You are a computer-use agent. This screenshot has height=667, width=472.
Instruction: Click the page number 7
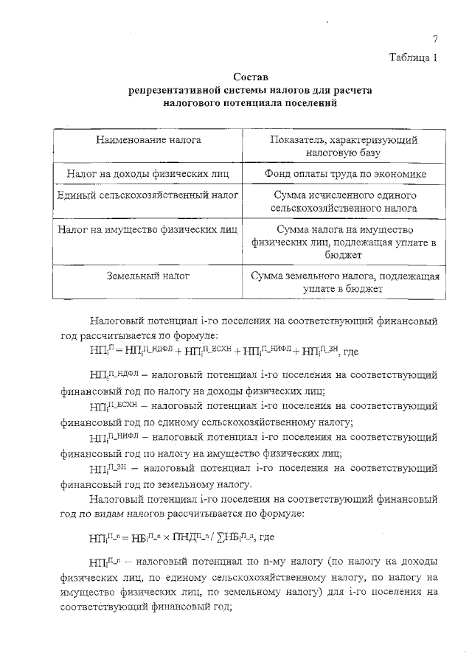pyautogui.click(x=435, y=40)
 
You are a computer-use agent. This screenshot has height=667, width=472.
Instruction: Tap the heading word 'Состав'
pyautogui.click(x=250, y=77)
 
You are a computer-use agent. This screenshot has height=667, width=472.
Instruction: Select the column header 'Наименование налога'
pyautogui.click(x=148, y=139)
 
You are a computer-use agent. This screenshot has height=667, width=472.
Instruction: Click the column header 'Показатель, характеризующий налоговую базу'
pyautogui.click(x=344, y=146)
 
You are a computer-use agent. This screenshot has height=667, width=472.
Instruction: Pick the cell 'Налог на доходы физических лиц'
pyautogui.click(x=148, y=174)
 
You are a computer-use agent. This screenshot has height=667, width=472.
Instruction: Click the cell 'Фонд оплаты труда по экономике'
pyautogui.click(x=344, y=174)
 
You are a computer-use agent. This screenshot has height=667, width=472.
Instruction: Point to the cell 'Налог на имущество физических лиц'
pyautogui.click(x=148, y=229)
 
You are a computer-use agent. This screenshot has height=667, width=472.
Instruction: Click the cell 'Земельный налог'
pyautogui.click(x=148, y=276)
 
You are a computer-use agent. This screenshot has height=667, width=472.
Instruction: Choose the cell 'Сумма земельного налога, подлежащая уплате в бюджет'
pyautogui.click(x=344, y=283)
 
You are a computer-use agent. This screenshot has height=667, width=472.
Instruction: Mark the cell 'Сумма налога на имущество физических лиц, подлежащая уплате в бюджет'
pyautogui.click(x=344, y=242)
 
